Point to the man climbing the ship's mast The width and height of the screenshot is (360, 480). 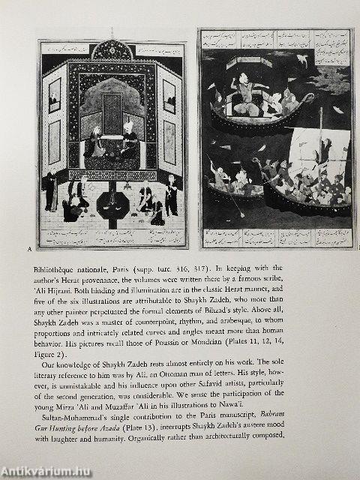(323, 148)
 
